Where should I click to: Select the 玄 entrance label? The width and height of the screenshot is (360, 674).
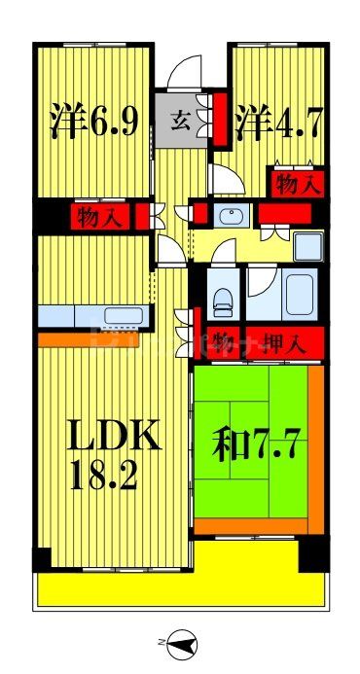pos(182,122)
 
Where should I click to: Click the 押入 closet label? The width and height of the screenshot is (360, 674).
pos(284,342)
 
